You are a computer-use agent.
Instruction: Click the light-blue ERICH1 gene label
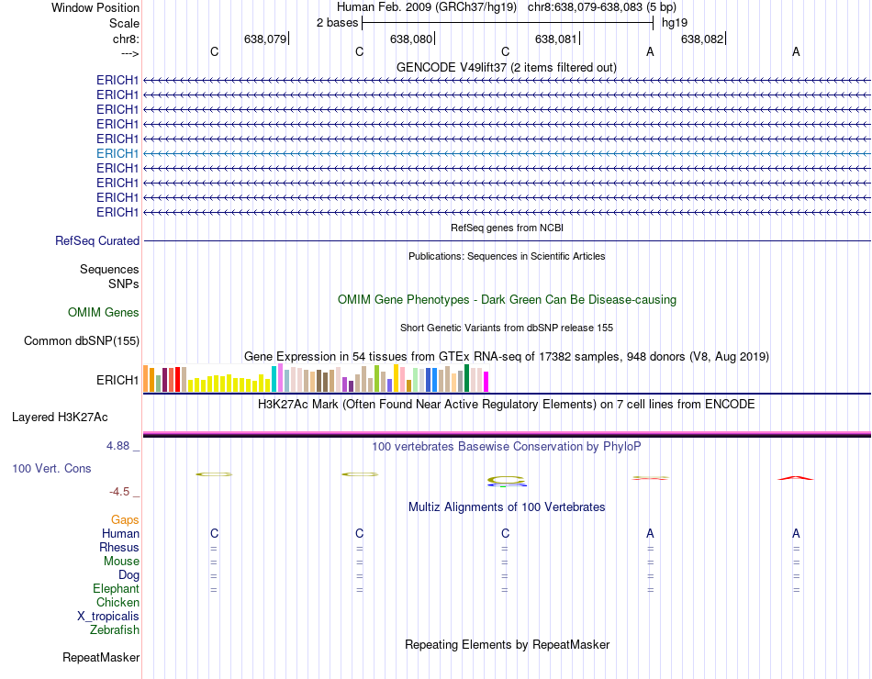click(x=117, y=153)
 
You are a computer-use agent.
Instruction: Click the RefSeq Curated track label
click(x=97, y=241)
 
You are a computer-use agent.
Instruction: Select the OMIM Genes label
click(x=104, y=313)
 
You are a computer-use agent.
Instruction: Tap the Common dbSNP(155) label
click(x=82, y=341)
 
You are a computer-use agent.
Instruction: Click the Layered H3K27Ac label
click(x=60, y=417)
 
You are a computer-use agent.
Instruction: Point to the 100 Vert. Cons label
click(x=51, y=469)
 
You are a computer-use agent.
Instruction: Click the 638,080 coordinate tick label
click(x=410, y=39)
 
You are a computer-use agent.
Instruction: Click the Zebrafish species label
click(x=115, y=630)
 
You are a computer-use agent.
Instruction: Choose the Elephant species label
click(x=116, y=589)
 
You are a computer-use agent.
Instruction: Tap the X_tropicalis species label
click(x=108, y=617)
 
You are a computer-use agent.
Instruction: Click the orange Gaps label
click(x=125, y=520)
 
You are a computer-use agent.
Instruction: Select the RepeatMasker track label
click(x=101, y=658)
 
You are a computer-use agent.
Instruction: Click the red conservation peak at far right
click(x=796, y=478)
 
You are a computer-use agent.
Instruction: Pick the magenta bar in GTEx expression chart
click(x=486, y=381)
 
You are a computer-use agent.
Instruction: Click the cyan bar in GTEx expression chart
click(x=274, y=379)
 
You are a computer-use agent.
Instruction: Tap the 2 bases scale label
click(x=337, y=22)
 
